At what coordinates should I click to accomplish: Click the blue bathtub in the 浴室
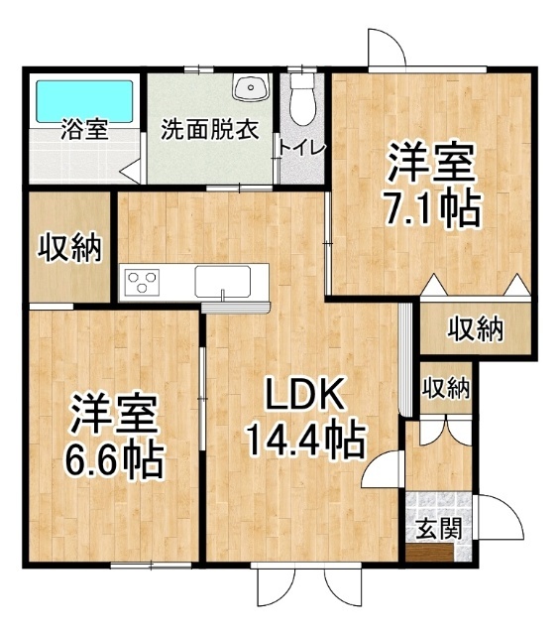point(84,101)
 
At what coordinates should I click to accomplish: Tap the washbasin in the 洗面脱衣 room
point(251,87)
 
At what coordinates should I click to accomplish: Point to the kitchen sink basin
point(222,282)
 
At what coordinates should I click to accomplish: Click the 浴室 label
point(84,129)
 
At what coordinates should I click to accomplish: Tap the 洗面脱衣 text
point(210,129)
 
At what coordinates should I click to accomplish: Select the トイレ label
point(302,149)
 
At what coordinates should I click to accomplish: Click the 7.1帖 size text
point(433,209)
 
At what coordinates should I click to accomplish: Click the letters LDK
point(304,394)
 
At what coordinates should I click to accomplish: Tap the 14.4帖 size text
point(305,439)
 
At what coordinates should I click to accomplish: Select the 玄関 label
point(439,529)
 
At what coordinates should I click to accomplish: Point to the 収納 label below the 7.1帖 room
point(476,328)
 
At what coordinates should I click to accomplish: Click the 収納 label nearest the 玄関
point(446,389)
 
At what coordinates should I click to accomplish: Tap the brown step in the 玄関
point(430,553)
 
